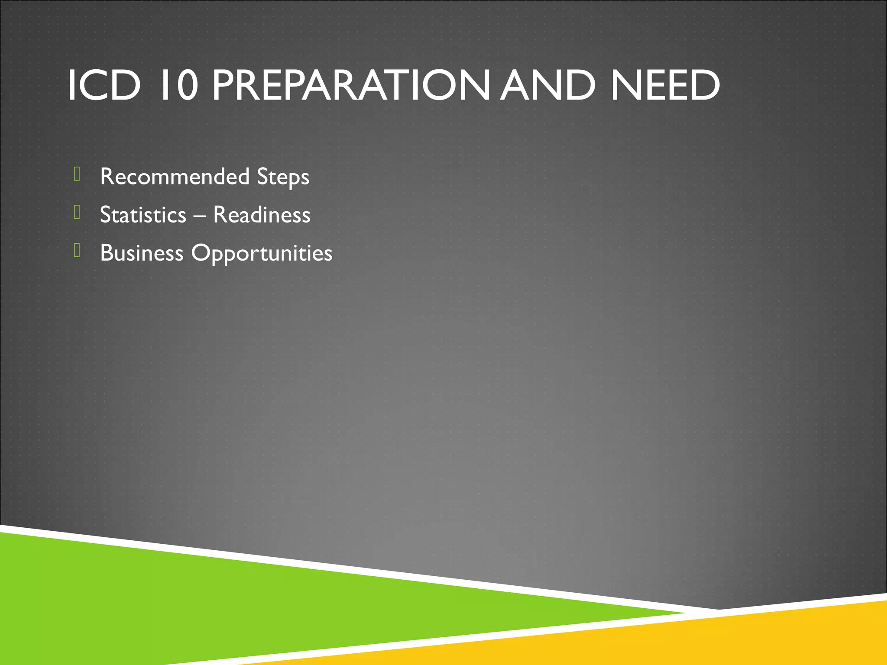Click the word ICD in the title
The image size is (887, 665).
[104, 85]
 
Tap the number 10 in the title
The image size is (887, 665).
[179, 85]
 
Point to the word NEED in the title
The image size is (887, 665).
[665, 85]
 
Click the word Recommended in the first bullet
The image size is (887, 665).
[175, 177]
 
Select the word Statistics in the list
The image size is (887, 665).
[143, 215]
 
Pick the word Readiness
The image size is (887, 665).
[262, 215]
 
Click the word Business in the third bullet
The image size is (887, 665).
[142, 253]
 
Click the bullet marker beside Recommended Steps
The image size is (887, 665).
[77, 174]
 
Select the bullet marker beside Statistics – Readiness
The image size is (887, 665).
[77, 212]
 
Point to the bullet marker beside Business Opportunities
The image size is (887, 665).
[77, 250]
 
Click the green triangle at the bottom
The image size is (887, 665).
[217, 606]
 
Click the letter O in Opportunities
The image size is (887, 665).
[200, 252]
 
